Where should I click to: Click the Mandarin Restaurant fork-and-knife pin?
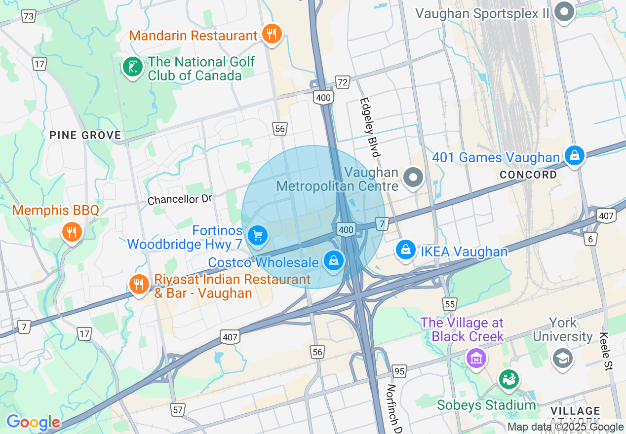[271, 34]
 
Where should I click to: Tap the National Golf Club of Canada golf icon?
[132, 68]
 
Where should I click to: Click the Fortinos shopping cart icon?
[257, 235]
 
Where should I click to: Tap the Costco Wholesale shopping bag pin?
[334, 260]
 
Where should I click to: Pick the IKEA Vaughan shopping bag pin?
[405, 250]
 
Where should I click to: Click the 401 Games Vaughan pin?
[574, 156]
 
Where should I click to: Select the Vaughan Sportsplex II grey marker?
[564, 12]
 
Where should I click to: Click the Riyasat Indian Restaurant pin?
[140, 284]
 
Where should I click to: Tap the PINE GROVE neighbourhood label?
[85, 135]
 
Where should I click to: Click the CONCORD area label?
[528, 175]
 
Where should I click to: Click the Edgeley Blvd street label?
[370, 127]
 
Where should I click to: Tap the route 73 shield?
[29, 16]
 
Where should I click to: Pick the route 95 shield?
[399, 371]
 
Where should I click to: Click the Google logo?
[33, 422]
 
